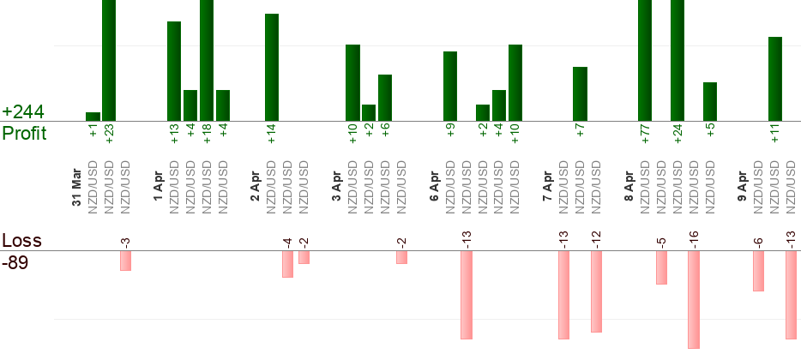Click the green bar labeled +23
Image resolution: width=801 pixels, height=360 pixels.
pos(109,60)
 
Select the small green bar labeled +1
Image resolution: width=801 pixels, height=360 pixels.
pos(93,117)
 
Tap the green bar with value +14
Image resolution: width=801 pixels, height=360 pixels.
pos(272,67)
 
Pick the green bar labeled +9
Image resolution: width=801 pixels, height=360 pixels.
pos(450,86)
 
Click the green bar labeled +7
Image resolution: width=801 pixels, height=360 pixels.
pos(580,93)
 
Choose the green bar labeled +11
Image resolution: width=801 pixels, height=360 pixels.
pos(775,79)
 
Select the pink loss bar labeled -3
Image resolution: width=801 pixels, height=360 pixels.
pos(125,261)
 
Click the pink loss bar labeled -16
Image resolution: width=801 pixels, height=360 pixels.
pos(694,299)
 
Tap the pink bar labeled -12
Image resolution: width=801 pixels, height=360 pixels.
pos(596,291)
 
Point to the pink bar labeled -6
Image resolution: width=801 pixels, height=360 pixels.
pos(758,271)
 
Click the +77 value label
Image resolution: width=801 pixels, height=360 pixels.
pos(645,134)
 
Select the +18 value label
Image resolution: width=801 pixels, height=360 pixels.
pos(207,134)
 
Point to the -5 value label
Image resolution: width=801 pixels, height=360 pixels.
pos(661,238)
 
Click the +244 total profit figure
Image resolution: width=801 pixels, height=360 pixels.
pos(23,112)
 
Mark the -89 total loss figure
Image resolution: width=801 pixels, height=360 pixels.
pos(15,262)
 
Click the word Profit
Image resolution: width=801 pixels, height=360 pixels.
pos(24,134)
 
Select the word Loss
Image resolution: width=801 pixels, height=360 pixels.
pos(21,241)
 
